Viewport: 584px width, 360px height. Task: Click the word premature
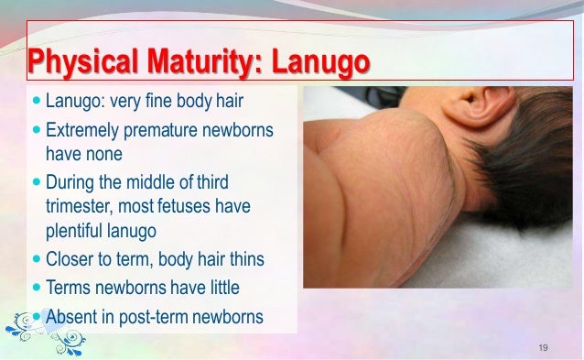(166, 133)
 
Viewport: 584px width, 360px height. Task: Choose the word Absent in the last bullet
(74, 317)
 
